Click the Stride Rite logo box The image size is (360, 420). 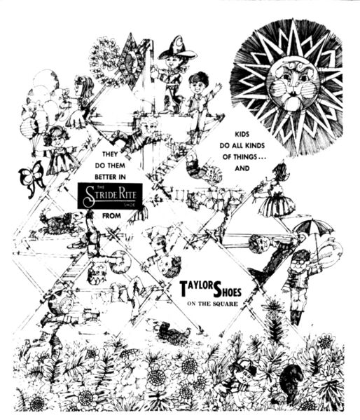pyautogui.click(x=110, y=196)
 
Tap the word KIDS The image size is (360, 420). pyautogui.click(x=242, y=134)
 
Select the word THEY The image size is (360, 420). pyautogui.click(x=110, y=154)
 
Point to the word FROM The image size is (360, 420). pyautogui.click(x=111, y=216)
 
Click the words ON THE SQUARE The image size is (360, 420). pyautogui.click(x=212, y=304)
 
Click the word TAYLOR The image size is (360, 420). pyautogui.click(x=196, y=287)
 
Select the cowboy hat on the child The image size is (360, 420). pyautogui.click(x=177, y=49)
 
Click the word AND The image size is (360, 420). pyautogui.click(x=242, y=168)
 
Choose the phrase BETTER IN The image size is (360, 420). pyautogui.click(x=110, y=177)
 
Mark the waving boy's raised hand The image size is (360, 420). pyautogui.click(x=218, y=87)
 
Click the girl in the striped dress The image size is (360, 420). pyautogui.click(x=276, y=193)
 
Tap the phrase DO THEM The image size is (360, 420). pyautogui.click(x=110, y=165)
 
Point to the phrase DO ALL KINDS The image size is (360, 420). pyautogui.click(x=242, y=146)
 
